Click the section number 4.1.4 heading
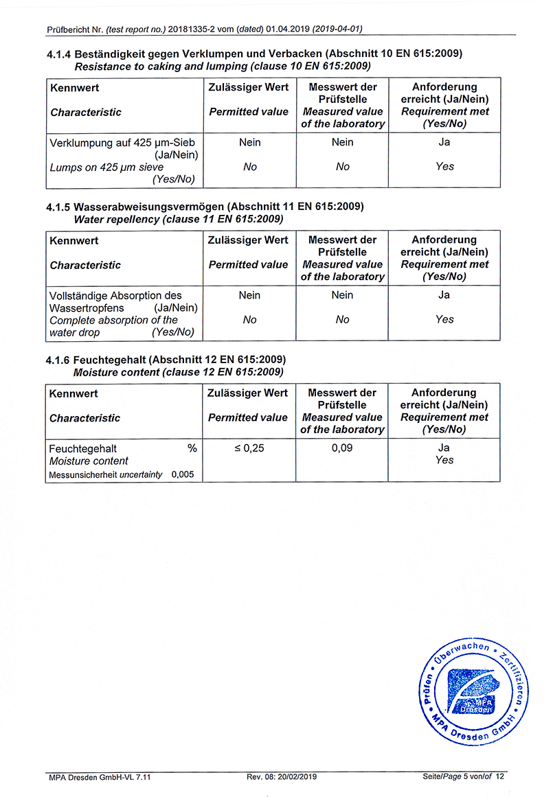click(x=59, y=54)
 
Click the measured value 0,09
click(x=342, y=448)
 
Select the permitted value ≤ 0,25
click(x=249, y=448)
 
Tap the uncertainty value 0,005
click(x=183, y=474)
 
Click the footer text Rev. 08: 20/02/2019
click(x=282, y=776)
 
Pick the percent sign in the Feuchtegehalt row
click(x=192, y=448)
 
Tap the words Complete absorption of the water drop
click(x=113, y=326)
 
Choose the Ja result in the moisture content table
click(x=444, y=448)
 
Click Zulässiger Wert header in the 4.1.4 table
click(x=249, y=87)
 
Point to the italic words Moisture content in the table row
click(x=89, y=461)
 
